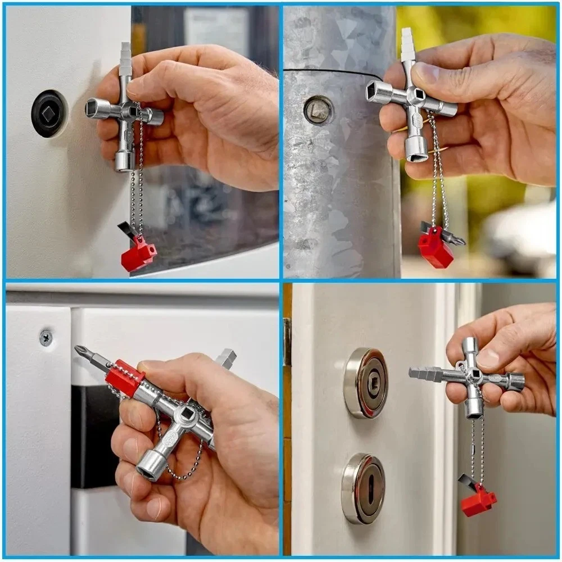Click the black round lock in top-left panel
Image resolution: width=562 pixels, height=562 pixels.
point(49,114)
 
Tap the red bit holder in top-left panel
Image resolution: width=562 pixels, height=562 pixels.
point(138,254)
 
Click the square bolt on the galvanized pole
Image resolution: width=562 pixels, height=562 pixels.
point(318,109)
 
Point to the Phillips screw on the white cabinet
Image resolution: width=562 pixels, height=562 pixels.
point(46,337)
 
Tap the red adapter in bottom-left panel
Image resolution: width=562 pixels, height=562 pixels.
point(125,378)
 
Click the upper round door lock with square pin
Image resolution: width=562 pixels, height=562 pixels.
point(366,383)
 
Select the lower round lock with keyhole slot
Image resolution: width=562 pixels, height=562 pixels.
point(363,488)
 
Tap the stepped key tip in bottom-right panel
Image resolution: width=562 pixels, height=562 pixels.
point(425,373)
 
